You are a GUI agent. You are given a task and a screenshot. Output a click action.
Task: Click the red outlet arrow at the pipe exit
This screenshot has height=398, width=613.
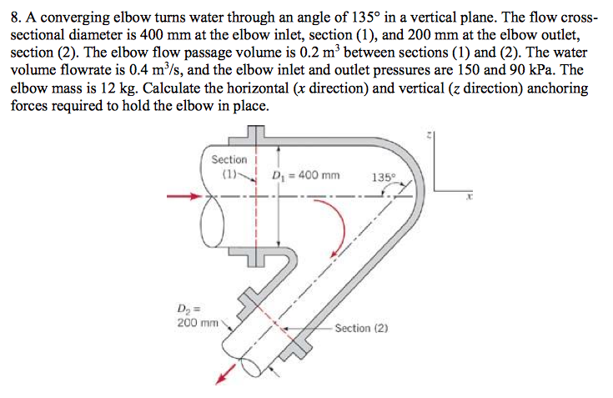(x=224, y=377)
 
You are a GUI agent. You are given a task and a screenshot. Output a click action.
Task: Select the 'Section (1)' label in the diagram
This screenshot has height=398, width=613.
(x=229, y=166)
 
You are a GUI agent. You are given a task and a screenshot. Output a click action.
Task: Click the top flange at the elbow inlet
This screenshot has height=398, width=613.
(x=256, y=134)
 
